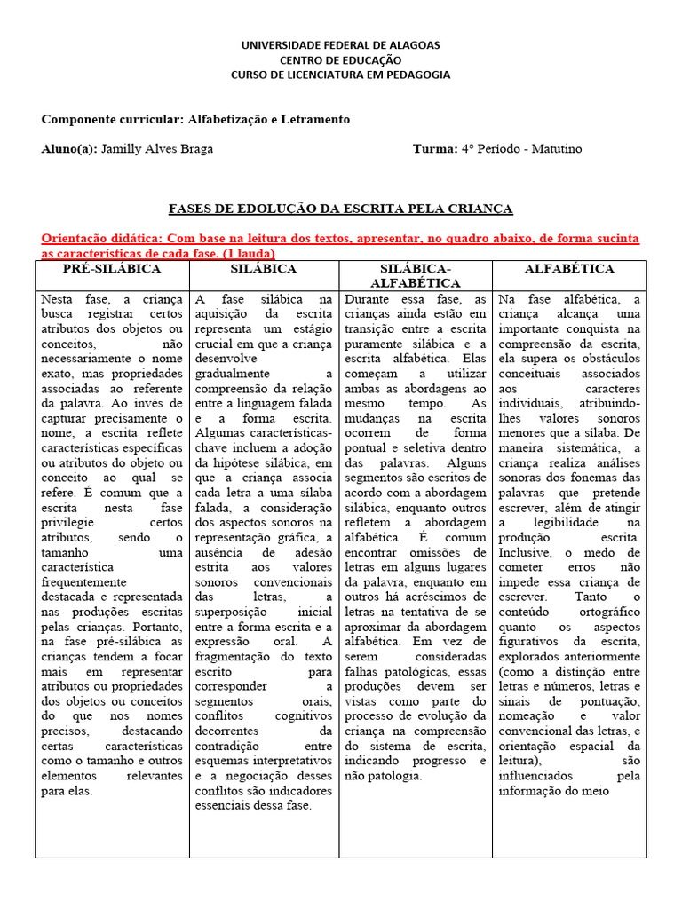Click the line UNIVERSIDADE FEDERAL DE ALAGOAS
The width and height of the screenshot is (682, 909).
click(x=341, y=44)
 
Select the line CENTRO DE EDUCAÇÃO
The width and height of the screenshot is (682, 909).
click(x=341, y=59)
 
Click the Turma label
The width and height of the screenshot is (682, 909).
click(x=433, y=149)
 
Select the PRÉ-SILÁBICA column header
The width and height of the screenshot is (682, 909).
click(x=112, y=269)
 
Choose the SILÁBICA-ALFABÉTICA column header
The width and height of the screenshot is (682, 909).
click(x=416, y=276)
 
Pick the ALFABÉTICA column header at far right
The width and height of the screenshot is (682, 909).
click(x=569, y=269)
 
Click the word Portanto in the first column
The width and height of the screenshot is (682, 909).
click(x=157, y=625)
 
